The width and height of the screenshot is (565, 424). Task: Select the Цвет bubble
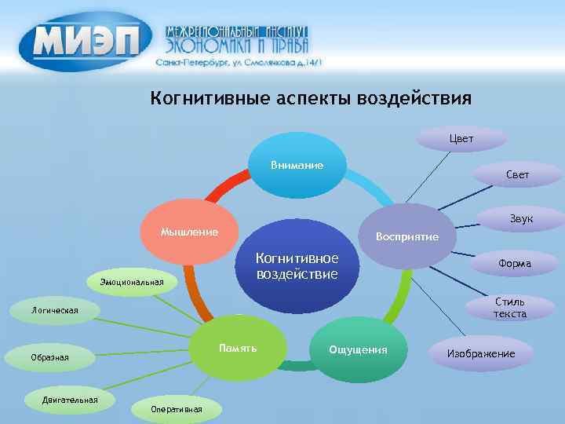pyautogui.click(x=461, y=139)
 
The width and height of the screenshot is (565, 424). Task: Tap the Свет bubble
pyautogui.click(x=516, y=174)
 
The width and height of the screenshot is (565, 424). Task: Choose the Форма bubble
pyautogui.click(x=514, y=264)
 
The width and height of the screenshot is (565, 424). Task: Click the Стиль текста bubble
pyautogui.click(x=508, y=307)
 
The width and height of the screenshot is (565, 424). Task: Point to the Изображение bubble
pyautogui.click(x=480, y=354)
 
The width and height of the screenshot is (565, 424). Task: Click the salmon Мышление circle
pyautogui.click(x=188, y=233)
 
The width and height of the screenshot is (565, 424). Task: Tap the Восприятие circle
pyautogui.click(x=406, y=236)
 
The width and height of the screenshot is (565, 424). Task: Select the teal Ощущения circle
pyautogui.click(x=358, y=349)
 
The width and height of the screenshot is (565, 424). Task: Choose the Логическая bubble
pyautogui.click(x=55, y=311)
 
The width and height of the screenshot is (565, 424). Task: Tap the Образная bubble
pyautogui.click(x=50, y=358)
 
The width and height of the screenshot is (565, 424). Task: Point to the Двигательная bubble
pyautogui.click(x=71, y=400)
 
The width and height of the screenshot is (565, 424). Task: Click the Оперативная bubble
pyautogui.click(x=177, y=409)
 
